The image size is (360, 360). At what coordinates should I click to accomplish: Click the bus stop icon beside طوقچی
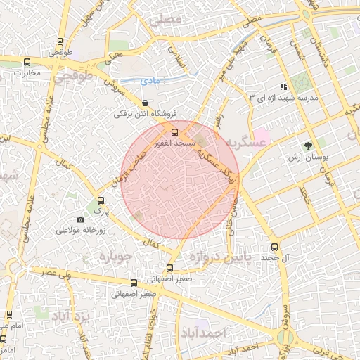[x=60, y=41]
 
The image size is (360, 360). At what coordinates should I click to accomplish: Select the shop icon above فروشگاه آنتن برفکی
[x=144, y=103]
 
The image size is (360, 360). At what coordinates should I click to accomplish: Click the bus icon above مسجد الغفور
[x=174, y=131]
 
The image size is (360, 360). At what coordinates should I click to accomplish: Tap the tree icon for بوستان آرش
[x=307, y=146]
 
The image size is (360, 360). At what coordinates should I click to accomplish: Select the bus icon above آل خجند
[x=275, y=247]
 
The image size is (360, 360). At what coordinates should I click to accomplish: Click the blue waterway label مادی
[x=150, y=82]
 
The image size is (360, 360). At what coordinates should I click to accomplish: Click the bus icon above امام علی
[x=10, y=314]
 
